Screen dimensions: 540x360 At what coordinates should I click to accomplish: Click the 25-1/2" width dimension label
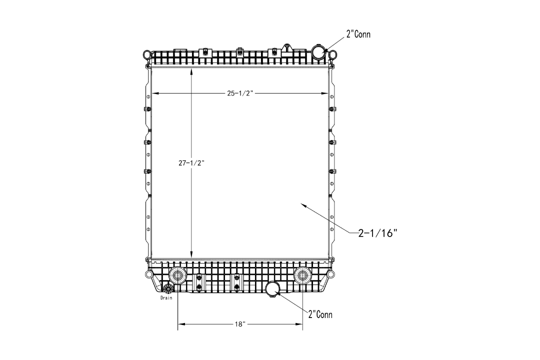click(240, 93)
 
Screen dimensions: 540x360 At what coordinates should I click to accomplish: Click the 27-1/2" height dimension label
click(191, 163)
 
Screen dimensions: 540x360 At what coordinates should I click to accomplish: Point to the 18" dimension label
click(240, 324)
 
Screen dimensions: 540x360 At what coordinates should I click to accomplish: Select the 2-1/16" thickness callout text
click(378, 233)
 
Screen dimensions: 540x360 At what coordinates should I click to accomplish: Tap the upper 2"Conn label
click(358, 34)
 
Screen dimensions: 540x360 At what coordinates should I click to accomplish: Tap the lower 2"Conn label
click(320, 314)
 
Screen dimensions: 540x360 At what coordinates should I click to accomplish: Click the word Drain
click(166, 297)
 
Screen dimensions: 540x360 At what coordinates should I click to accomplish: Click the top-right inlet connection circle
click(319, 51)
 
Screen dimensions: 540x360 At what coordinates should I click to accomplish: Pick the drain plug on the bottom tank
click(168, 288)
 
